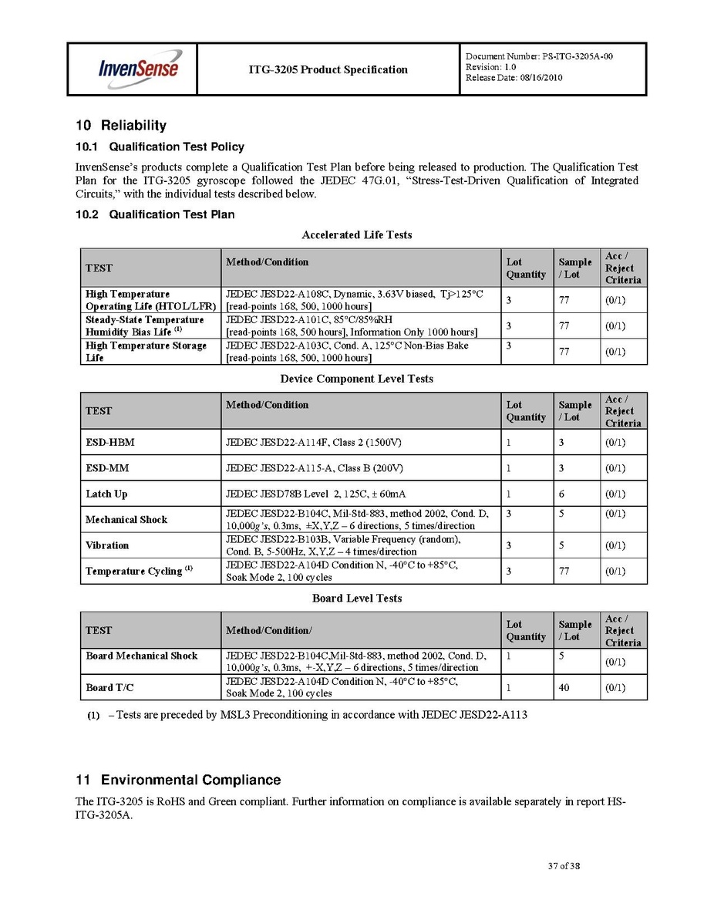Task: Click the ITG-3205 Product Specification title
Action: [328, 69]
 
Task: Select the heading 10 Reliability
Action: [120, 126]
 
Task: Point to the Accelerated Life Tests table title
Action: [356, 234]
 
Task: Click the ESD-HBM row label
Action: [106, 443]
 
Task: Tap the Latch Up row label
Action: [106, 494]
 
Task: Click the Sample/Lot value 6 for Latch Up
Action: [561, 494]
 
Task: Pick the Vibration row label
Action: [107, 545]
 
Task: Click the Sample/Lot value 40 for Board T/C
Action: [564, 687]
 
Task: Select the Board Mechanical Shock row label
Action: [141, 656]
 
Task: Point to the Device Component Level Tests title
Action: [356, 379]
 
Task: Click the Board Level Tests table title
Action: [356, 598]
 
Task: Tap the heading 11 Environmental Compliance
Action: [178, 780]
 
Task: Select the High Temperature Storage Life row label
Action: [146, 352]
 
